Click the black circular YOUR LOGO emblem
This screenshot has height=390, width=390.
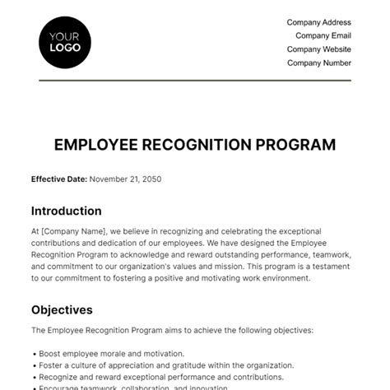65,41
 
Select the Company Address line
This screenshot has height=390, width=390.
318,22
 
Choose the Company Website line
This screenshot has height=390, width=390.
318,49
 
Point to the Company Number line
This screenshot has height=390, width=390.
319,63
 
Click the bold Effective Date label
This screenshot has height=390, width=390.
58,179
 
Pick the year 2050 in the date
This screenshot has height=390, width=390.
155,179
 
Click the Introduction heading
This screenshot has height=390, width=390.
66,211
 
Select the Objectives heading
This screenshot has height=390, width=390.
62,310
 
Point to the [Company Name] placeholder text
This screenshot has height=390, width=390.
70,232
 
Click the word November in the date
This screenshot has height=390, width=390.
109,179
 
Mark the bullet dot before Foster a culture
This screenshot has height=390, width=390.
33,365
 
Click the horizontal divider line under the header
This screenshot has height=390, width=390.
195,81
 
